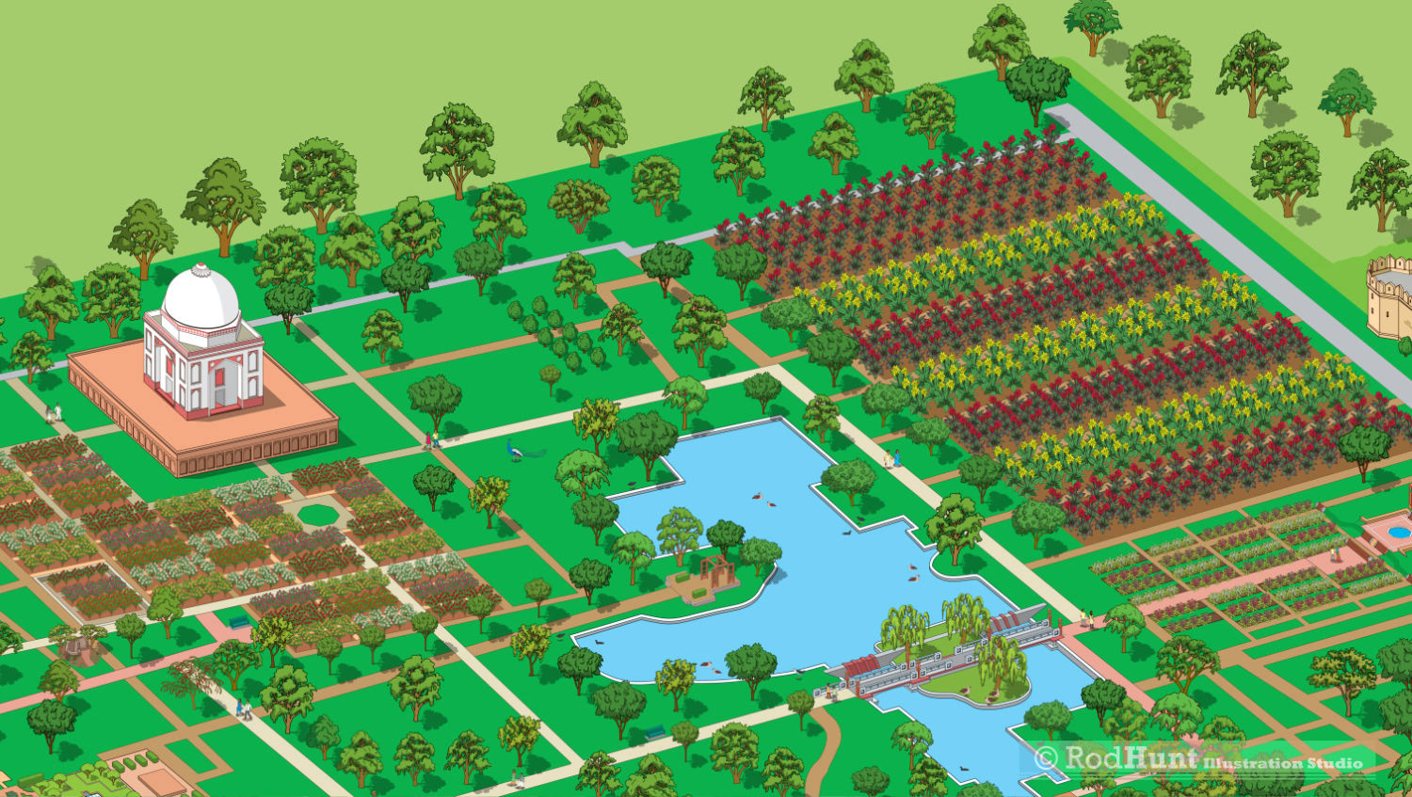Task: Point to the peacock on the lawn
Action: (x=517, y=451)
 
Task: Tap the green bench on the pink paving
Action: (x=238, y=621)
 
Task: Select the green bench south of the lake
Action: (x=655, y=731)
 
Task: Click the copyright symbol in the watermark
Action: (x=1046, y=757)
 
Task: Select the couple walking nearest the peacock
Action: (x=432, y=439)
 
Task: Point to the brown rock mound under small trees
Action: (x=81, y=649)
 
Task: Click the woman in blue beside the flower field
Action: (x=897, y=458)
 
